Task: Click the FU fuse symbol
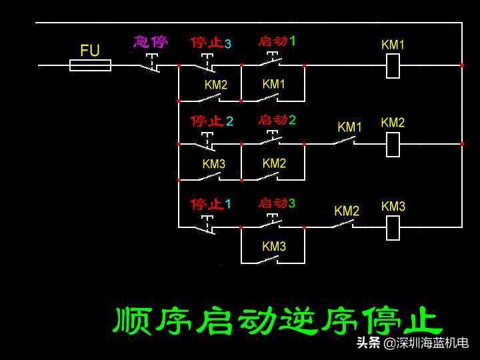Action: coord(90,65)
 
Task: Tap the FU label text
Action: coord(90,50)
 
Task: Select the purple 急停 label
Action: coord(151,41)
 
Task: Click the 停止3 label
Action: coord(211,43)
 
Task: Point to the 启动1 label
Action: coord(277,41)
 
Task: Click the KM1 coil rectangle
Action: coord(393,65)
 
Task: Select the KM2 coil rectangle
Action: coord(393,144)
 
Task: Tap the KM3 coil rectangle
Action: coord(393,227)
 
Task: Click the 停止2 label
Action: coord(211,121)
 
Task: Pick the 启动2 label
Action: coord(277,121)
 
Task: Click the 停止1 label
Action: coord(211,204)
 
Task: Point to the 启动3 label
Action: coord(277,203)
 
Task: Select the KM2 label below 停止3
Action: coord(216,85)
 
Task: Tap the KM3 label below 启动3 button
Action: coord(274,247)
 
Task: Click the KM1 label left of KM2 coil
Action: coord(349,127)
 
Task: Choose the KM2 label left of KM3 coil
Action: coord(347,211)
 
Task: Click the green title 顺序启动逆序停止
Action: coord(277,321)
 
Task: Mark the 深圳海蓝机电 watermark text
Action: coord(432,343)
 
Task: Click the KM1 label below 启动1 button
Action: coord(274,85)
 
